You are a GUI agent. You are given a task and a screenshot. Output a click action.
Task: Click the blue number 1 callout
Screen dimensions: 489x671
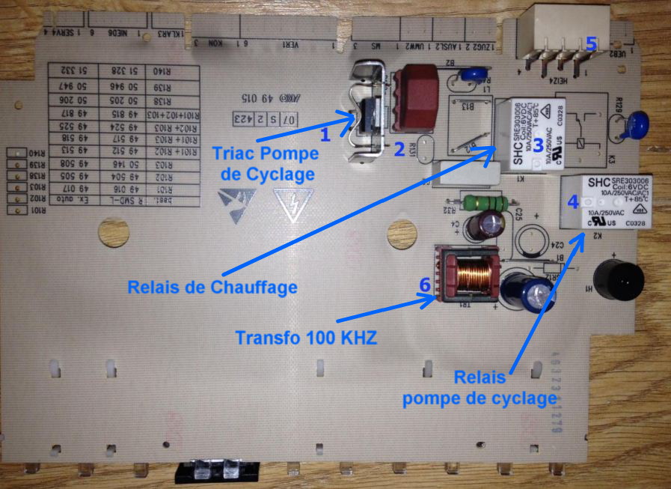point(325,136)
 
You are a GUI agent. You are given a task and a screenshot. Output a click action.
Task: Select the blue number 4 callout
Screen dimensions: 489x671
point(573,201)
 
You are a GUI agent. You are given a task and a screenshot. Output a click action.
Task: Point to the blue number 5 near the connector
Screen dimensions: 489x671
point(591,44)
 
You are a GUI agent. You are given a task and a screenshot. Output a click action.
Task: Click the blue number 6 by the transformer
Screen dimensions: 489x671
point(425,285)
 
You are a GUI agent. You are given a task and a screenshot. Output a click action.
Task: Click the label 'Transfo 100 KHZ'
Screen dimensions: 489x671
point(305,337)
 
